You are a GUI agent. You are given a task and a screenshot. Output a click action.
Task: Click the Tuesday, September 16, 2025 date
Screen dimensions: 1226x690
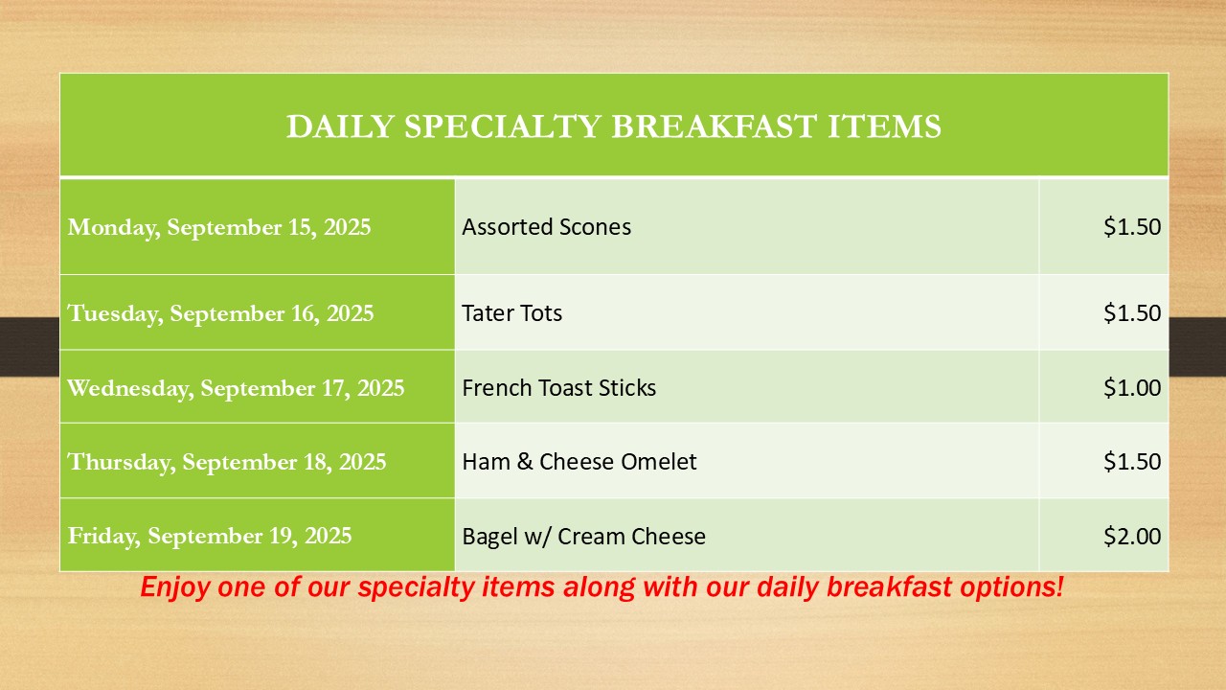(220, 313)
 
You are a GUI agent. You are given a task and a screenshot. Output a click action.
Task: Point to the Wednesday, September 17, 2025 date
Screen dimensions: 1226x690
(236, 388)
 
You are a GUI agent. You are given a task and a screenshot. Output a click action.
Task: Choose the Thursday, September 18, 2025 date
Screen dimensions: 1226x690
(227, 462)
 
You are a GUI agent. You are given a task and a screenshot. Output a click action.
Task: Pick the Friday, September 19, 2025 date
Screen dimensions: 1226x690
(210, 536)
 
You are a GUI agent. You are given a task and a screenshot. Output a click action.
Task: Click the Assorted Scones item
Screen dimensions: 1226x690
(546, 227)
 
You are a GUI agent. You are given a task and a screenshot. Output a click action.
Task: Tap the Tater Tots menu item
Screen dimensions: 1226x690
(511, 313)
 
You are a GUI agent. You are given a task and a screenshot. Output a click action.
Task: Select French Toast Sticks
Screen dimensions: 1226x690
(558, 388)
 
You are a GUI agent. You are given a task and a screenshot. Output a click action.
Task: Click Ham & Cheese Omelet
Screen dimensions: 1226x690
(579, 462)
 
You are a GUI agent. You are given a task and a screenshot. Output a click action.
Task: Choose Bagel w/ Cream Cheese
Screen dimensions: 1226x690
(583, 536)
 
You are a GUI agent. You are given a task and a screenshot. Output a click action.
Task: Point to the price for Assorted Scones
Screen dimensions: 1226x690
(1132, 227)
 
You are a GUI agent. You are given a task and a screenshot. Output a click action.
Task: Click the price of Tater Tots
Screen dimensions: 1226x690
(1132, 313)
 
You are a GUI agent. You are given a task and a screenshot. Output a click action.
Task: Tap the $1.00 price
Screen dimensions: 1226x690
(1132, 388)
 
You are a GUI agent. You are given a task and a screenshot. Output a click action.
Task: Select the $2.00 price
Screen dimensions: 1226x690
(1132, 536)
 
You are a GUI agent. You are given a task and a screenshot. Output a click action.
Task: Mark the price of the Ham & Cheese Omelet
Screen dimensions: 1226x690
(1132, 462)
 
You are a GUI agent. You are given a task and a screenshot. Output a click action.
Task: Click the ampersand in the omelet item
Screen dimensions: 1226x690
(525, 462)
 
